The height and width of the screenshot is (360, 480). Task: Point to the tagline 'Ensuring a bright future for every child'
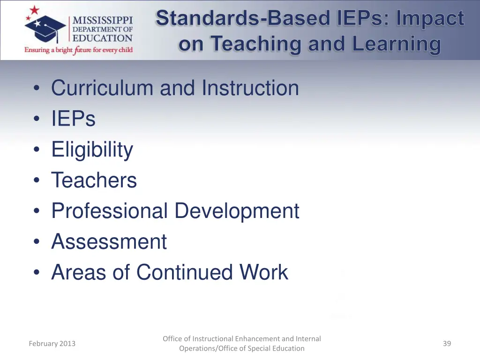pyautogui.click(x=79, y=50)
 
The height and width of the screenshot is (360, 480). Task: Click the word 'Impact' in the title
pyautogui.click(x=430, y=19)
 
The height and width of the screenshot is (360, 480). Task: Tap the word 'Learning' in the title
pyautogui.click(x=397, y=44)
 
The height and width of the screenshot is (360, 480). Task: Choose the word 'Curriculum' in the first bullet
pyautogui.click(x=102, y=88)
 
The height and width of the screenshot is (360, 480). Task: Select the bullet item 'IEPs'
pyautogui.click(x=73, y=119)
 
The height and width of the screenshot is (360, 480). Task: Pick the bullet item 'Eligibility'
pyautogui.click(x=92, y=150)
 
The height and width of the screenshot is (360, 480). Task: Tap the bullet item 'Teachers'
pyautogui.click(x=94, y=180)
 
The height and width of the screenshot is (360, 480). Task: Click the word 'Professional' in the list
pyautogui.click(x=109, y=211)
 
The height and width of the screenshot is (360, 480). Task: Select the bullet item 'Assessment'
pyautogui.click(x=109, y=242)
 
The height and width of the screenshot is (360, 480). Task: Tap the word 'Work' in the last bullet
pyautogui.click(x=263, y=272)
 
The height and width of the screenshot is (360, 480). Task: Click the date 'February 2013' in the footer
pyautogui.click(x=52, y=344)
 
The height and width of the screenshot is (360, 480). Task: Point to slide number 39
pyautogui.click(x=447, y=344)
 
